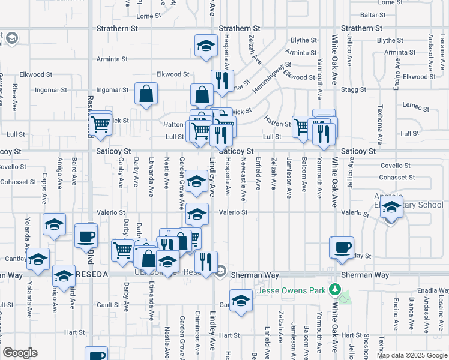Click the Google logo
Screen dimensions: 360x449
click(20, 353)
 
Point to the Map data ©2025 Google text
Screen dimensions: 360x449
click(411, 355)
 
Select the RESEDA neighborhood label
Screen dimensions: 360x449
click(92, 274)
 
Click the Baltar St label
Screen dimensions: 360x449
click(373, 14)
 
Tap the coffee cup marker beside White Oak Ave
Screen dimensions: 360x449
click(342, 247)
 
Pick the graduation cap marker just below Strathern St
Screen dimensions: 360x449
click(206, 45)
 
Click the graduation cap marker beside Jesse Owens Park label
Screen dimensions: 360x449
click(241, 300)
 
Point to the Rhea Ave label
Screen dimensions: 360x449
click(14, 98)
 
